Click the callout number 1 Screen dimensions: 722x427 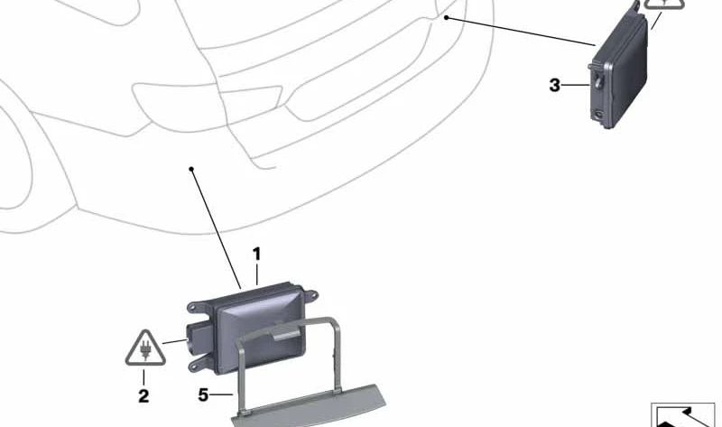257,255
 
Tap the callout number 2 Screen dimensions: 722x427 143,395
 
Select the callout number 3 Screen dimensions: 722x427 555,85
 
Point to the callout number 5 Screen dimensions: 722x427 204,395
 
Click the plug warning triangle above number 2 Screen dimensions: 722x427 145,348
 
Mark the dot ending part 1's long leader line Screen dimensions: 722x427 191,169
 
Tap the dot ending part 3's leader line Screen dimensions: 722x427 446,17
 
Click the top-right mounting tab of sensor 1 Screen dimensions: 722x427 310,294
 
